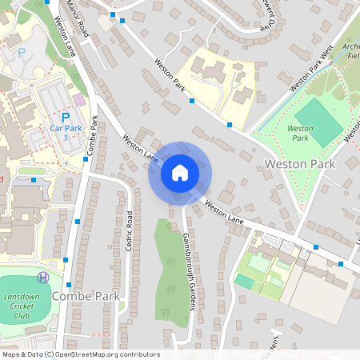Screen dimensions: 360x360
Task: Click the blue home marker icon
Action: click(x=180, y=173)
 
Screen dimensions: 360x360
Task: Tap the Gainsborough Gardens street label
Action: click(x=192, y=261)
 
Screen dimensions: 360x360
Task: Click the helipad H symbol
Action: click(x=43, y=278)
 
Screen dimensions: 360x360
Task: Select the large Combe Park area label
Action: click(x=86, y=296)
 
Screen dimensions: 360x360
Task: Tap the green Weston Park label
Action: click(x=300, y=133)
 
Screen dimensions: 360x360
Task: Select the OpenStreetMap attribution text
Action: click(x=81, y=354)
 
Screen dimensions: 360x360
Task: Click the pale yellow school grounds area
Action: click(x=216, y=80)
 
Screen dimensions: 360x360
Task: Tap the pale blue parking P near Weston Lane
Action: click(x=22, y=52)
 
